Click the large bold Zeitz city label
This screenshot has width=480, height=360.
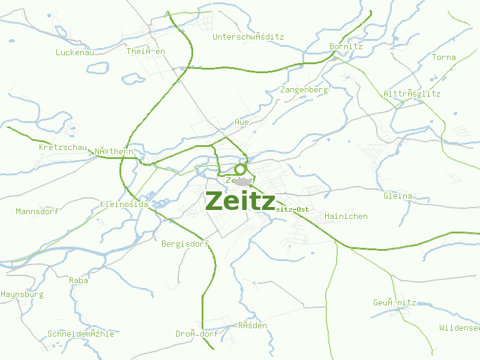(240, 201)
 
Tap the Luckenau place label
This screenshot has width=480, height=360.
(75, 52)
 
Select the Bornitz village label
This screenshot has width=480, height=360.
(346, 46)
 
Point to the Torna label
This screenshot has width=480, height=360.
(444, 58)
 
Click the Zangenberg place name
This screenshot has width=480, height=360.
(304, 90)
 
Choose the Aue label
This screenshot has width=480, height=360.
(242, 122)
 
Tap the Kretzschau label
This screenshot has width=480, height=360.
(62, 148)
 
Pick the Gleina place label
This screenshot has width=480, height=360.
(398, 196)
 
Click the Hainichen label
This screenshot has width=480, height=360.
(346, 216)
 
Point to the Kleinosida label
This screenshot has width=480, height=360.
(124, 204)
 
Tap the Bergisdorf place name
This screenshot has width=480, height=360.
(185, 244)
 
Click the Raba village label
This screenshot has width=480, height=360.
(79, 280)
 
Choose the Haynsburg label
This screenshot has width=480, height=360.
(22, 295)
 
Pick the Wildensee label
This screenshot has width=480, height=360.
(460, 328)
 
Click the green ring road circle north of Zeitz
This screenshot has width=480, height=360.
(241, 169)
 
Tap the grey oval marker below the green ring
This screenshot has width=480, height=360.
(242, 181)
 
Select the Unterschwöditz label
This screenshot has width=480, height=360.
(248, 37)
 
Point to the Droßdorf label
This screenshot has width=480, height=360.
(197, 334)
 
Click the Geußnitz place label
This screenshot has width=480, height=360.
(394, 303)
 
